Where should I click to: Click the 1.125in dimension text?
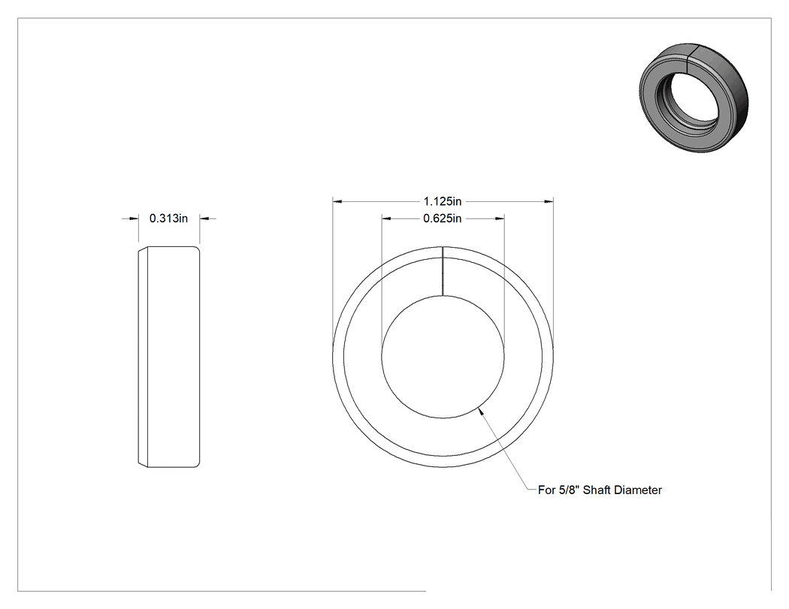[x=443, y=202]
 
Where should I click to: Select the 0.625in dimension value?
[x=443, y=219]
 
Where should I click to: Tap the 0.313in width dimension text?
[x=168, y=219]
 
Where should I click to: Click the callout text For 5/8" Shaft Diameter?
[x=600, y=490]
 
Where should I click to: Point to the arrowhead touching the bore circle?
[x=481, y=411]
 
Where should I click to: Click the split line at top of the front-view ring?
[x=443, y=270]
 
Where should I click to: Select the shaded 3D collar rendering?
[x=694, y=98]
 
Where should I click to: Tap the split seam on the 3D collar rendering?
[x=691, y=59]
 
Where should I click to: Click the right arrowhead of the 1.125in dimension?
[x=549, y=202]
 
